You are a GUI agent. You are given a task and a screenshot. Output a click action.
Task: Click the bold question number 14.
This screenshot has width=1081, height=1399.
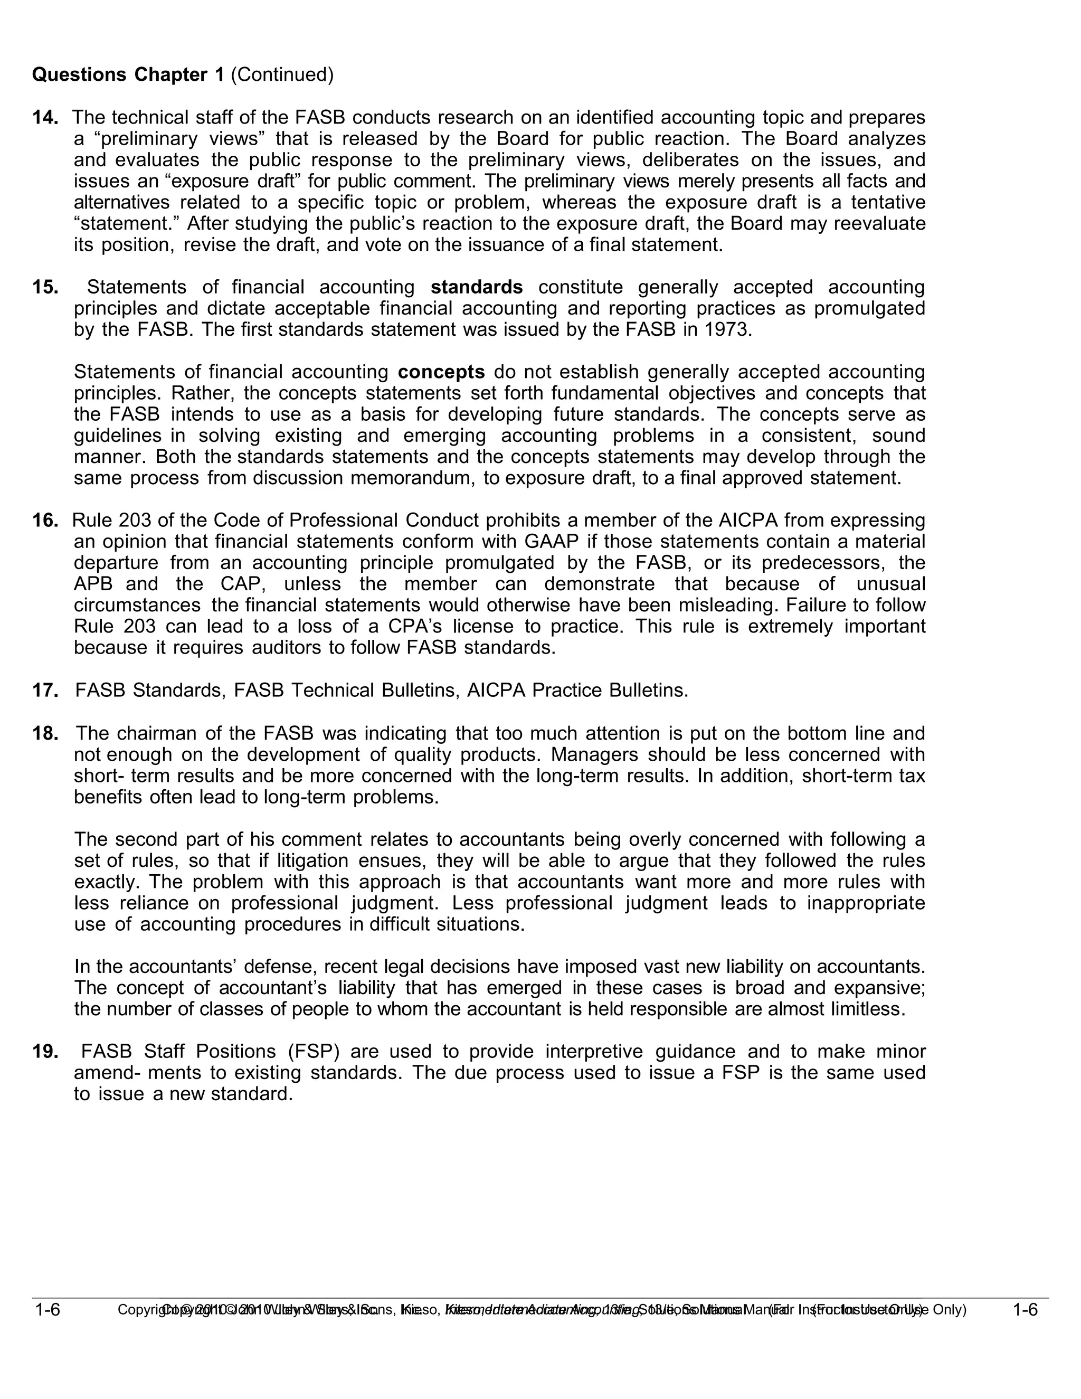click(45, 118)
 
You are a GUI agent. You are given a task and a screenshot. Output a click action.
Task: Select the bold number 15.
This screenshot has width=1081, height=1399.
click(45, 287)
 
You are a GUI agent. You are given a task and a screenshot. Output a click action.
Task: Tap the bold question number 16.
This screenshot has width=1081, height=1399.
click(45, 520)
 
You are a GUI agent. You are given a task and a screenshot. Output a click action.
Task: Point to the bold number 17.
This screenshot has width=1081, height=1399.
click(45, 691)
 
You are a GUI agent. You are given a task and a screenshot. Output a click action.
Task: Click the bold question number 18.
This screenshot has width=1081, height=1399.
click(45, 733)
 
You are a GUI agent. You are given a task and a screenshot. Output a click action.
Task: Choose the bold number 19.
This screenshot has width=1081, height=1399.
click(45, 1051)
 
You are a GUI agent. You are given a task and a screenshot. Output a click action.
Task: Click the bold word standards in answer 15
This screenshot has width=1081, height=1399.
click(477, 287)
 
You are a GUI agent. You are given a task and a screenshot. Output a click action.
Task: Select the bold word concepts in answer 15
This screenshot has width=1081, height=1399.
click(441, 372)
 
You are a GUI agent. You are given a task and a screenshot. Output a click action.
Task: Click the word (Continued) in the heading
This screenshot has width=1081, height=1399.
click(282, 75)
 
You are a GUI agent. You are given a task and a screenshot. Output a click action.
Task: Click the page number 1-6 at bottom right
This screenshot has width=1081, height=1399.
click(1025, 1309)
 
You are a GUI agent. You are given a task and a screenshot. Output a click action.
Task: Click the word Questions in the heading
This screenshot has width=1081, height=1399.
click(79, 75)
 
